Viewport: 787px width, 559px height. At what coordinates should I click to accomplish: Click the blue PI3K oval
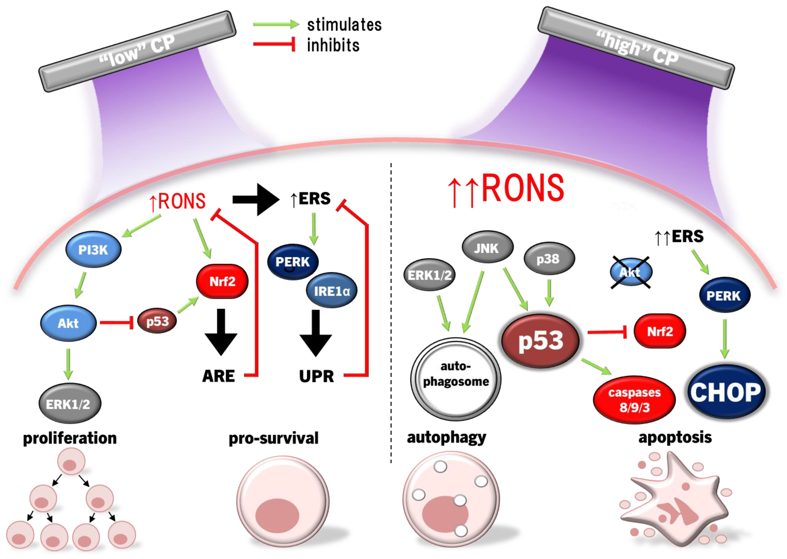pos(93,249)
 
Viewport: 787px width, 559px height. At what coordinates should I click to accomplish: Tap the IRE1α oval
pos(331,291)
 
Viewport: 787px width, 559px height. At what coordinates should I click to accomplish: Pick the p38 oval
pos(548,258)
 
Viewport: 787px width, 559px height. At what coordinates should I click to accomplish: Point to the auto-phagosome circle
pos(456,379)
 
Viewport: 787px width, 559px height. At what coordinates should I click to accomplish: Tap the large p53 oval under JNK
pos(540,341)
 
